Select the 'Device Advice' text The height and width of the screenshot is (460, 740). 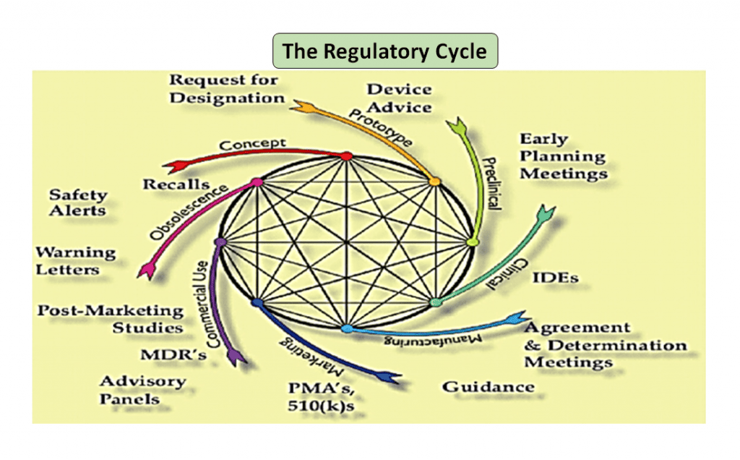pyautogui.click(x=399, y=98)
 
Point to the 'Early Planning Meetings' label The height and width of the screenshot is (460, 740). pyautogui.click(x=563, y=156)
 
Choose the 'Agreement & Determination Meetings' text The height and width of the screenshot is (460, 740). pyautogui.click(x=604, y=345)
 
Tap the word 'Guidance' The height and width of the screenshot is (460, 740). pyautogui.click(x=489, y=386)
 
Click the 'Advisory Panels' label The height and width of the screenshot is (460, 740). pyautogui.click(x=142, y=390)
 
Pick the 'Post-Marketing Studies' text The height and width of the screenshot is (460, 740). pyautogui.click(x=111, y=319)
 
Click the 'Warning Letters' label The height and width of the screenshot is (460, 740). pyautogui.click(x=76, y=261)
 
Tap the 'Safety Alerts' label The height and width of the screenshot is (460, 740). pyautogui.click(x=78, y=203)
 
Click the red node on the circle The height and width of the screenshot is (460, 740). pyautogui.click(x=346, y=156)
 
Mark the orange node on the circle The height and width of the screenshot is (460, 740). pyautogui.click(x=434, y=182)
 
